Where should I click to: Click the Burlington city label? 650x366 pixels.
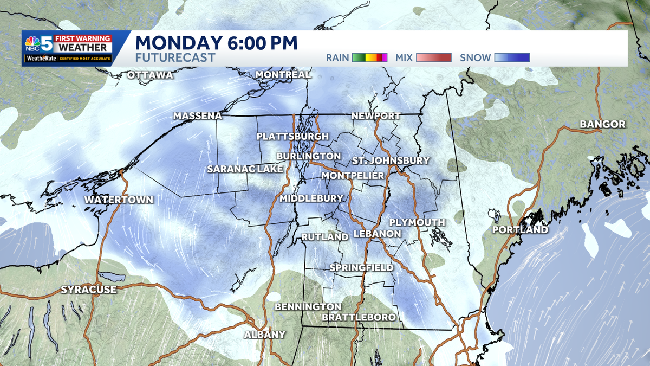click(309, 156)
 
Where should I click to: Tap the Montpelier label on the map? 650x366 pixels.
click(353, 176)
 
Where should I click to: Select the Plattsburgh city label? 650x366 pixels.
click(292, 136)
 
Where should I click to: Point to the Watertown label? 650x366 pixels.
click(119, 200)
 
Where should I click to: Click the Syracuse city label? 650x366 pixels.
click(88, 290)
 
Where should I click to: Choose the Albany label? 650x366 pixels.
click(264, 335)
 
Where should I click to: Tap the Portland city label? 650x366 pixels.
click(520, 230)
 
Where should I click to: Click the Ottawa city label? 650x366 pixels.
click(150, 75)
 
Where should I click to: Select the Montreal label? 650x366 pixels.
click(283, 74)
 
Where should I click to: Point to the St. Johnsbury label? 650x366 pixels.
click(391, 160)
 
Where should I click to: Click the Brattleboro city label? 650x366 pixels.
click(359, 317)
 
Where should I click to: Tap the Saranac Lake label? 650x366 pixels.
click(245, 169)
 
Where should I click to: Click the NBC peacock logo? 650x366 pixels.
click(32, 43)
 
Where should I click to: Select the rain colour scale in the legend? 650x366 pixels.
click(369, 57)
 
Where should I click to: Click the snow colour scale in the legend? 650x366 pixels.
click(512, 57)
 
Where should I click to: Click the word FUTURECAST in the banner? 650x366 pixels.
click(175, 57)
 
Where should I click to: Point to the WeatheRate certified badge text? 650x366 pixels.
click(67, 59)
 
